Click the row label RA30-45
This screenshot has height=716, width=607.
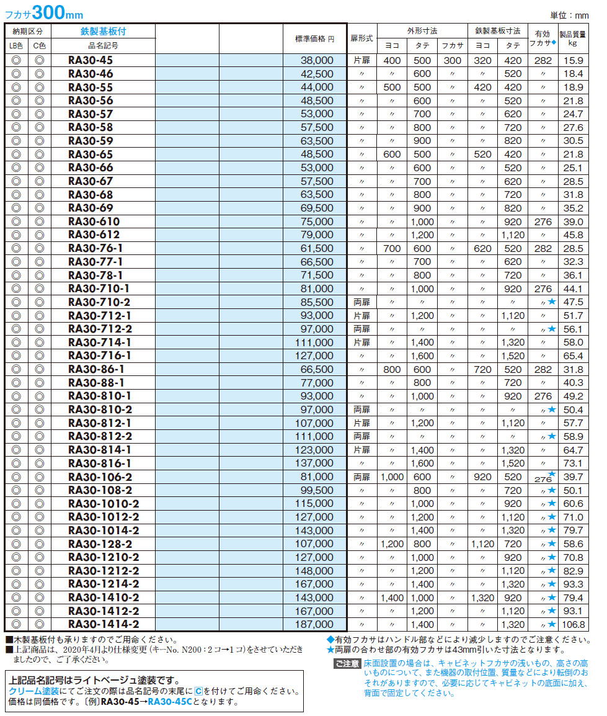tap(91, 60)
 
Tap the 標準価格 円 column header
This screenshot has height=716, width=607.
tap(314, 38)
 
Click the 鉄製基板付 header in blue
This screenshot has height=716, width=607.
tap(103, 31)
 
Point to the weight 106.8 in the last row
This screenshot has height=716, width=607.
tap(574, 624)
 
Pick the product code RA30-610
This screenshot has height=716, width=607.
tap(94, 222)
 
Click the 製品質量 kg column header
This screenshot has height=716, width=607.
tap(574, 38)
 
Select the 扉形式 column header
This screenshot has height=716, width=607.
tap(361, 38)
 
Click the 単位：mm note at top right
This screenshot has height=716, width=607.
tap(569, 14)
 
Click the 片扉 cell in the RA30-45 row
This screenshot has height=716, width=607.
tap(361, 60)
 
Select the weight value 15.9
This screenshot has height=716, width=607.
tap(574, 60)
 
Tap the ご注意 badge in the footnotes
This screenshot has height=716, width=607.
tap(346, 664)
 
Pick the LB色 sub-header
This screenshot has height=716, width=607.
tap(16, 45)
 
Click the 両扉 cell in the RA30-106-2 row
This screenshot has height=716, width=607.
tap(361, 477)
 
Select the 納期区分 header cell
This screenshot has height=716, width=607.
tap(27, 31)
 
